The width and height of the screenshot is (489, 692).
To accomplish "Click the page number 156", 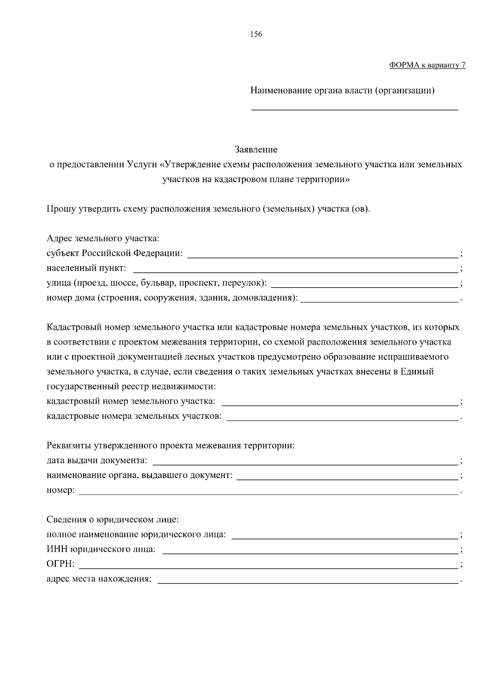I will pyautogui.click(x=256, y=34).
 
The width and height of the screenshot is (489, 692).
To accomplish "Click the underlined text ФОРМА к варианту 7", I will pyautogui.click(x=427, y=65).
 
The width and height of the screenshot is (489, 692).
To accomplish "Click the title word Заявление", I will pyautogui.click(x=256, y=150).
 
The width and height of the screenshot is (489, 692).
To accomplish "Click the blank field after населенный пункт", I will pyautogui.click(x=295, y=269).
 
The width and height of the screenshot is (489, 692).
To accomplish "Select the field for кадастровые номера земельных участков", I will pyautogui.click(x=342, y=417).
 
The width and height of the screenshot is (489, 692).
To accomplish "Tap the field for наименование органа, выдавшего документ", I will pyautogui.click(x=347, y=476).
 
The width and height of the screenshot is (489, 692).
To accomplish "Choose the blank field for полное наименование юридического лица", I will pyautogui.click(x=345, y=535).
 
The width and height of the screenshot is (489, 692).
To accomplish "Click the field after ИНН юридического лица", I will pyautogui.click(x=310, y=550).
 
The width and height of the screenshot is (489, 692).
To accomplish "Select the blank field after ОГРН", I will pyautogui.click(x=268, y=565).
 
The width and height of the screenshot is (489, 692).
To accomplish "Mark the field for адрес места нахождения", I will pyautogui.click(x=308, y=579).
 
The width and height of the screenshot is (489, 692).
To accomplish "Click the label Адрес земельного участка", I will pyautogui.click(x=103, y=238).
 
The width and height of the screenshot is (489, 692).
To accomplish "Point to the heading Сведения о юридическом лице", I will pyautogui.click(x=113, y=520).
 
